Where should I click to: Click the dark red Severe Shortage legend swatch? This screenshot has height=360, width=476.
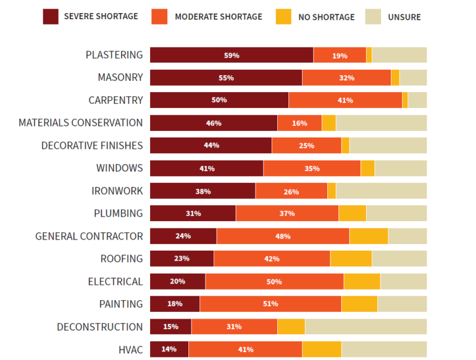pyautogui.click(x=51, y=17)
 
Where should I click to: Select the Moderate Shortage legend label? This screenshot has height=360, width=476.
pyautogui.click(x=218, y=17)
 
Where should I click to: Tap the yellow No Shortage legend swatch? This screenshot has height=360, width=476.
pyautogui.click(x=283, y=17)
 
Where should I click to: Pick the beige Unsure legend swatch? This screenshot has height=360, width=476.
pyautogui.click(x=373, y=17)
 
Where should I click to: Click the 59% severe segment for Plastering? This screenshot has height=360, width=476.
pyautogui.click(x=232, y=55)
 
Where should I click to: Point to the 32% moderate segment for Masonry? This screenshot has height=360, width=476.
pyautogui.click(x=346, y=78)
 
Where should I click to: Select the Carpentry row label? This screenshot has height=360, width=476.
pyautogui.click(x=115, y=100)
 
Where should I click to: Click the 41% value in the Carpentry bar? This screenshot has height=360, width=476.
pyautogui.click(x=345, y=100)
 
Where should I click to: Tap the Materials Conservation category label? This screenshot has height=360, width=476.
pyautogui.click(x=80, y=123)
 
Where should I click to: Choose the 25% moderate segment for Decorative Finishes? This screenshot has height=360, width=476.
pyautogui.click(x=306, y=146)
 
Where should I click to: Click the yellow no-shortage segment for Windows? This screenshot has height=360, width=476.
pyautogui.click(x=367, y=168)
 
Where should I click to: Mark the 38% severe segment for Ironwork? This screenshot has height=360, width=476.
pyautogui.click(x=203, y=191)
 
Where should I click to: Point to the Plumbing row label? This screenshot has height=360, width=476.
pyautogui.click(x=118, y=214)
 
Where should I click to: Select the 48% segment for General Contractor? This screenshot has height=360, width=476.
pyautogui.click(x=283, y=236)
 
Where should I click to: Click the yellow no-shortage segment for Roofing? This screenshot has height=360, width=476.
pyautogui.click(x=351, y=259)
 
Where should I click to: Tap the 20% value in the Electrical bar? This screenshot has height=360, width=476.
pyautogui.click(x=178, y=282)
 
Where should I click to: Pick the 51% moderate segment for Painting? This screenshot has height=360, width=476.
pyautogui.click(x=270, y=304)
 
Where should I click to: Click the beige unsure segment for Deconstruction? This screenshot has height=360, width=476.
pyautogui.click(x=365, y=327)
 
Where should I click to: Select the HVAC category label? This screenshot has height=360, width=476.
pyautogui.click(x=130, y=350)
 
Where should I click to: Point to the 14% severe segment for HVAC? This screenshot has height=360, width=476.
pyautogui.click(x=169, y=350)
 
